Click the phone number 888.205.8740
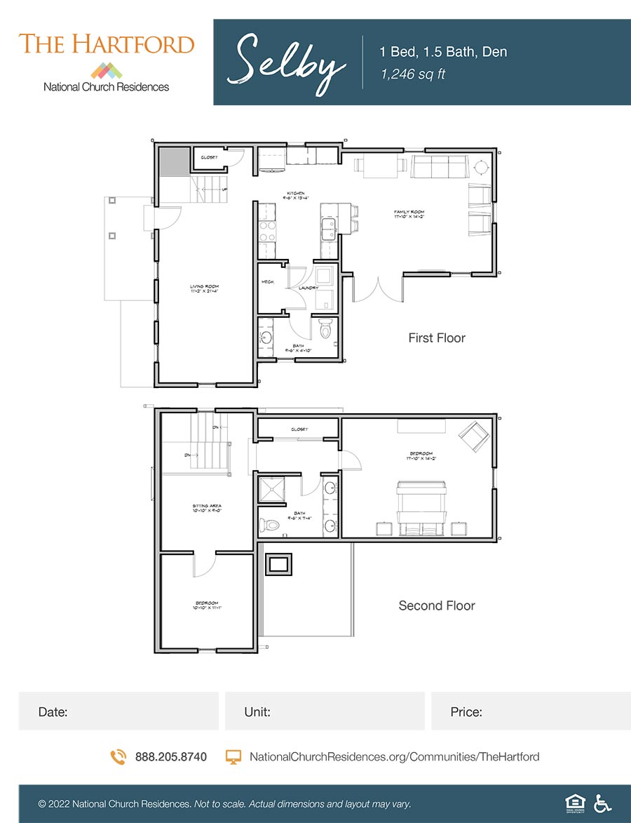[170, 757]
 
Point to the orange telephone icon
[118, 757]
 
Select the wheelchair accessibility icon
[602, 803]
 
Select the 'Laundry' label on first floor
[308, 288]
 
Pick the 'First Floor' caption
[436, 338]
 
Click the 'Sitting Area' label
[207, 507]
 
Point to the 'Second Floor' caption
[436, 605]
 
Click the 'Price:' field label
[466, 712]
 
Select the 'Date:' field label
[53, 712]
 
